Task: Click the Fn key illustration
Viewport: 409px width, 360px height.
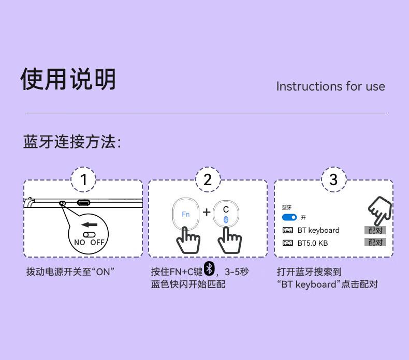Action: pos(186,214)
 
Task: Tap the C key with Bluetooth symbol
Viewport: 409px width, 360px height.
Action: pos(226,213)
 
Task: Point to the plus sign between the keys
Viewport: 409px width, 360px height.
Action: pos(207,212)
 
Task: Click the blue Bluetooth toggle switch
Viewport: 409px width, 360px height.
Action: pos(289,217)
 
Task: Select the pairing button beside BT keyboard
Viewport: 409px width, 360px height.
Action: pos(375,231)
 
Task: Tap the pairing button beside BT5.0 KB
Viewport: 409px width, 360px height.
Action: pos(375,242)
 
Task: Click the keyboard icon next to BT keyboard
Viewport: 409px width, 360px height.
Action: pos(288,230)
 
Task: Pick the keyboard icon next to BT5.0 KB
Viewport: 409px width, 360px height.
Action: pos(288,243)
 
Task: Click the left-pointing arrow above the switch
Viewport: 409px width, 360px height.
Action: pos(89,224)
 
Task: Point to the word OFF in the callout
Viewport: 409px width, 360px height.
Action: pos(97,243)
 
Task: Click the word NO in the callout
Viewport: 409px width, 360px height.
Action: pos(80,243)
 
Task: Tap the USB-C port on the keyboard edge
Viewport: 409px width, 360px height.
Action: pos(83,203)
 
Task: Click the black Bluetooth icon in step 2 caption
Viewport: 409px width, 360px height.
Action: pos(209,268)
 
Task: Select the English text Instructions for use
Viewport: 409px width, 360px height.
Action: pos(330,86)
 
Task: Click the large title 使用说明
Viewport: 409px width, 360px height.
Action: pos(68,79)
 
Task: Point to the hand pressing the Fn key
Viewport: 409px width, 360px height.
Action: pos(188,240)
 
